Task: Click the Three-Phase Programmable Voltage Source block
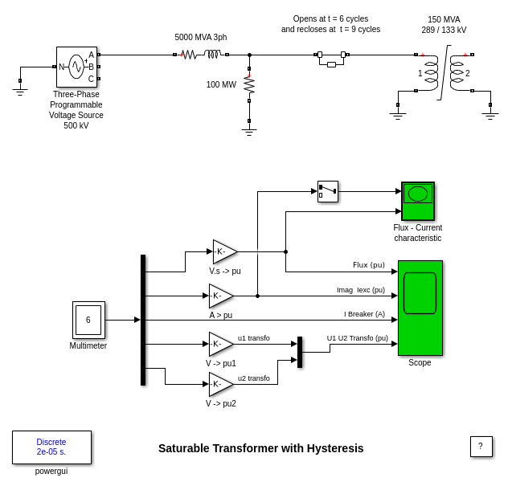point(76,67)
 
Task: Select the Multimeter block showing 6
point(88,320)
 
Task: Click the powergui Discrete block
point(51,447)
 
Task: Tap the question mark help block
point(481,447)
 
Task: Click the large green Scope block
point(420,308)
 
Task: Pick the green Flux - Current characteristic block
point(418,201)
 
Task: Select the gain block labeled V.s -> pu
point(223,251)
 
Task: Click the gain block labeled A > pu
point(219,296)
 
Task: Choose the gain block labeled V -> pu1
point(219,344)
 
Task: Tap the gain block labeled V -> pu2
point(219,384)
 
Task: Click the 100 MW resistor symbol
point(249,84)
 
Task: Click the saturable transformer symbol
point(444,73)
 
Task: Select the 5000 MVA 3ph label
point(201,37)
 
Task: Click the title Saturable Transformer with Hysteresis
point(260,448)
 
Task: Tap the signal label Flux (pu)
point(369,264)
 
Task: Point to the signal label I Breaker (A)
point(364,313)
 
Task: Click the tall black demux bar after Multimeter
point(143,320)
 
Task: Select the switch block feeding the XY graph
point(328,191)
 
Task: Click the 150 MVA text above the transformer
point(444,19)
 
